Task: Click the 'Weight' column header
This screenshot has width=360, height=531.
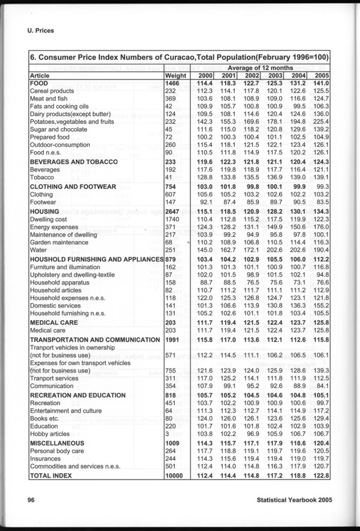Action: click(175, 75)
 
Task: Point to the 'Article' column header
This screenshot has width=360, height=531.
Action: click(39, 75)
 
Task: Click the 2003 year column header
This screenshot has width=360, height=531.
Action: click(276, 75)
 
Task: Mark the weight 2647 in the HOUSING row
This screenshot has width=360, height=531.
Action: click(173, 211)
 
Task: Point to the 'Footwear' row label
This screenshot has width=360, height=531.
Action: click(43, 202)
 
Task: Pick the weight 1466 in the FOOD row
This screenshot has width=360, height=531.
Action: click(173, 83)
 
